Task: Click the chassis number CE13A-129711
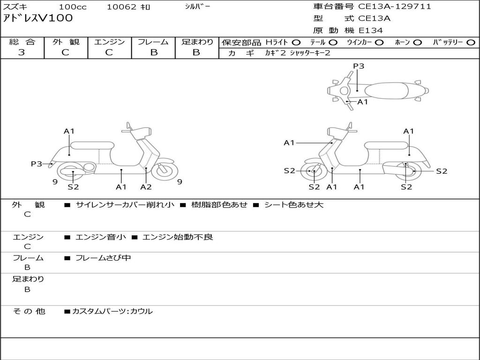pos(394,7)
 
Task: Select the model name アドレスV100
pos(38,18)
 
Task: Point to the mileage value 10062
pos(121,7)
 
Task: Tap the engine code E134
pos(370,30)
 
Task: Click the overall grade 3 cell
pos(22,52)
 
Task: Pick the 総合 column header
pos(22,42)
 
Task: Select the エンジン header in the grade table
pos(109,42)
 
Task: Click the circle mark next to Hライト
pos(296,42)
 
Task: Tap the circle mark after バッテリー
pos(471,42)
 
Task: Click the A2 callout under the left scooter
pos(146,187)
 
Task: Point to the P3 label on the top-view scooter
pos(359,66)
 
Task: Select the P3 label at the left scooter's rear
pos(37,164)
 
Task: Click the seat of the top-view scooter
pos(387,90)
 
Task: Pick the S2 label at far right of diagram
pos(442,171)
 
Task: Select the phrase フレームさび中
pos(103,258)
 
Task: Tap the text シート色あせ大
pos(294,205)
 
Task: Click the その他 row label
pos(29,311)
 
